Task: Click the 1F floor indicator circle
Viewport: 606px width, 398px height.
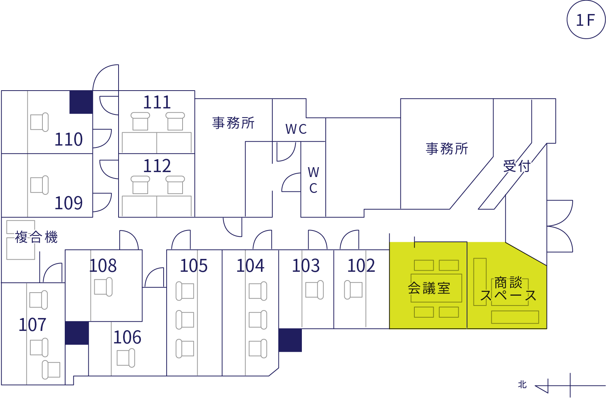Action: coord(586,20)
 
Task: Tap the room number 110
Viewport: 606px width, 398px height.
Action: coord(69,139)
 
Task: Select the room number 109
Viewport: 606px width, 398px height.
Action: coord(69,203)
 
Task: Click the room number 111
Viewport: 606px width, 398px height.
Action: coord(157,102)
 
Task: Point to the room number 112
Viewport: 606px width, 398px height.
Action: coord(157,166)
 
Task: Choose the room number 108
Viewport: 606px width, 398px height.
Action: coord(103,266)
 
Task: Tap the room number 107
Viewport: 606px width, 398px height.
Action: coord(33,325)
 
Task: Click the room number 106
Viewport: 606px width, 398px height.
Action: coord(127,337)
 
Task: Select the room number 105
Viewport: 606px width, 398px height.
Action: coord(194,266)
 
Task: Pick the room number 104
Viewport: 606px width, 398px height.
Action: coord(250,266)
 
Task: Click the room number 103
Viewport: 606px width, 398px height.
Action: coord(306,266)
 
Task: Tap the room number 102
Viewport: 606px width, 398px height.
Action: coord(361,266)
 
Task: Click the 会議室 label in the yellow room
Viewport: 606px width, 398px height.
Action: coord(429,288)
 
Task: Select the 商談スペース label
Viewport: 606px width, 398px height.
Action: coord(508,289)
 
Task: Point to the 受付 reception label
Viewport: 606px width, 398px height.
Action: coord(517,166)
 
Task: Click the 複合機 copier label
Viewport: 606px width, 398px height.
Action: coord(36,237)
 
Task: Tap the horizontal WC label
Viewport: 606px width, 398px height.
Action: coord(296,129)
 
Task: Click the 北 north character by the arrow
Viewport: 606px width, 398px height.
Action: coord(522,385)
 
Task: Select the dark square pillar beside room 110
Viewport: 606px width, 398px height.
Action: coord(81,102)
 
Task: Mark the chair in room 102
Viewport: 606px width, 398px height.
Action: coord(353,290)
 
